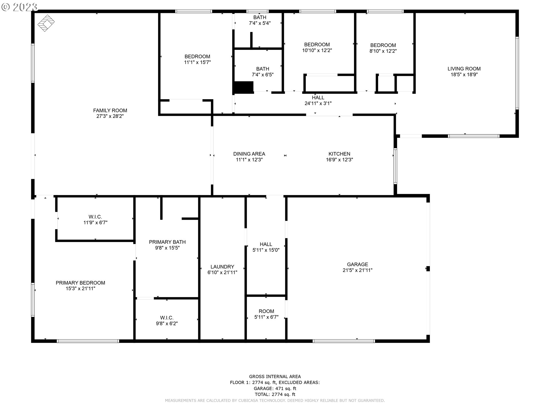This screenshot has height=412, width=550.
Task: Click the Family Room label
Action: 110,110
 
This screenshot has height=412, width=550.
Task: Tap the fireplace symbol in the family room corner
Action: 46,23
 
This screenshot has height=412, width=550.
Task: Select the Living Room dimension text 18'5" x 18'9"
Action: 464,75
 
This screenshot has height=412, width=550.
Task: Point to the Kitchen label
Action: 339,154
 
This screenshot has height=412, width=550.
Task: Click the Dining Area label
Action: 249,154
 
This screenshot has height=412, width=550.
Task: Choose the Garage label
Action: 357,264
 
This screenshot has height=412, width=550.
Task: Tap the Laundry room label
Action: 222,267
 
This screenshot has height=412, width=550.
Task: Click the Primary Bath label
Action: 167,242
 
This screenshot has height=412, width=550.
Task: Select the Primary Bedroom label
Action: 80,283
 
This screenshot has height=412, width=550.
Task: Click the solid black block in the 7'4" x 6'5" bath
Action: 244,88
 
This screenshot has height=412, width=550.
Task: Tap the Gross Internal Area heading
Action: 275,377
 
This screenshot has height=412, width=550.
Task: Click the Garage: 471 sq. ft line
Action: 275,389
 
